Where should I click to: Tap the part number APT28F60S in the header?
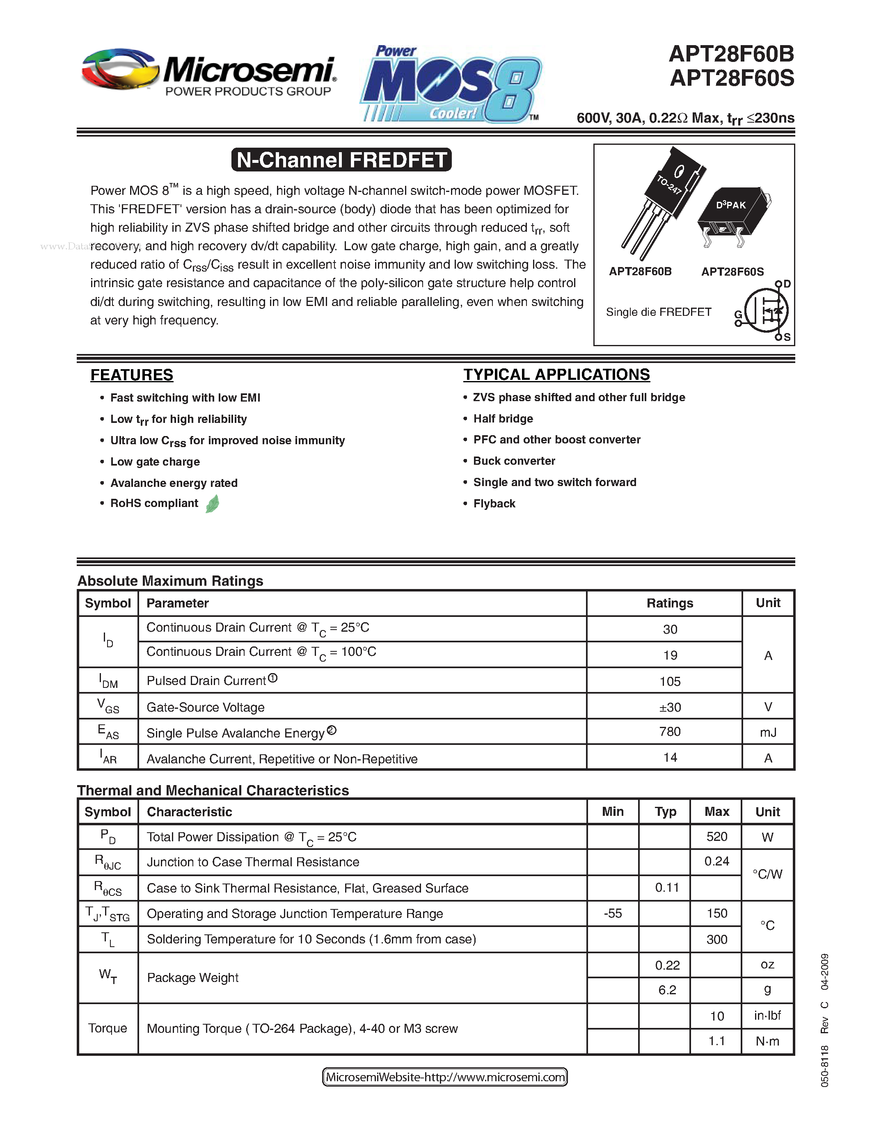[732, 78]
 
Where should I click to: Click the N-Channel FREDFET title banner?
[341, 160]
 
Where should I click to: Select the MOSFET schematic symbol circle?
[766, 311]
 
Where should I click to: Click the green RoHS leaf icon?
[212, 504]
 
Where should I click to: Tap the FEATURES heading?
[132, 375]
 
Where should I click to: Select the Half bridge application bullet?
[503, 419]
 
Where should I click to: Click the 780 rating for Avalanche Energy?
[670, 732]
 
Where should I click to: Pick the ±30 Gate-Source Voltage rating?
[670, 707]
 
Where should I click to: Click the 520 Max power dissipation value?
[716, 837]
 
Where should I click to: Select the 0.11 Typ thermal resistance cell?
[666, 888]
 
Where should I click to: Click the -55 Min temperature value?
[613, 913]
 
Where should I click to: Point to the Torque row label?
[108, 1028]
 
